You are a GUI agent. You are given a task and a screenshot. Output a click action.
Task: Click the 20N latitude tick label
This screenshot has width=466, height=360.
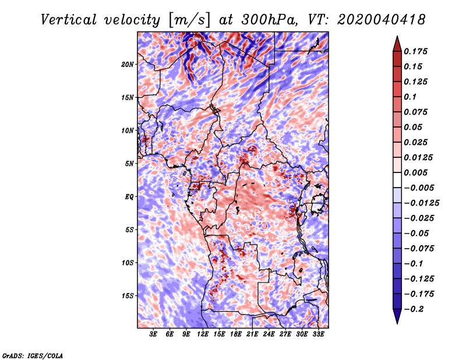[x=127, y=65]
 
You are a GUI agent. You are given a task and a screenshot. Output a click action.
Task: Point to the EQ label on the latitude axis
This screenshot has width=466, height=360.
[x=129, y=197]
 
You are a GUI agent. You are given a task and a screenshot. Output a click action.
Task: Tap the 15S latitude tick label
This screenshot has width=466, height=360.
[x=127, y=296]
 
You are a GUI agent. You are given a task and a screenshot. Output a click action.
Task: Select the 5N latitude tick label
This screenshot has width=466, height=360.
[x=129, y=164]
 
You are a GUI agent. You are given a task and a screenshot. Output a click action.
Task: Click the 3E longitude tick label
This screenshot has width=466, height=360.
[x=153, y=334]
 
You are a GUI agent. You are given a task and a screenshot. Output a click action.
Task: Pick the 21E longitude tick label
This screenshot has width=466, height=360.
[x=252, y=334]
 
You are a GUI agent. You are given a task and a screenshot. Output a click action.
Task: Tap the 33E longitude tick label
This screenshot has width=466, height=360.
[x=318, y=334]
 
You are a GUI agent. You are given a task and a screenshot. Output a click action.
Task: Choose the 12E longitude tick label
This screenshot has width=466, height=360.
[x=202, y=334]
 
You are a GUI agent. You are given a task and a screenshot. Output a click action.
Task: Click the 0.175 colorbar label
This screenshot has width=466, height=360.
[x=415, y=51]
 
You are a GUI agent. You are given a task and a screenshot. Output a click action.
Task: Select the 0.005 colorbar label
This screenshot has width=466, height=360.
[x=415, y=172]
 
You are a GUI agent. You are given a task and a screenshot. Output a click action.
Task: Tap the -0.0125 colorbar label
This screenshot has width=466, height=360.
[x=421, y=203]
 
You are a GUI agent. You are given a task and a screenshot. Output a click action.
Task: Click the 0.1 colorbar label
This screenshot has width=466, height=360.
[x=410, y=97]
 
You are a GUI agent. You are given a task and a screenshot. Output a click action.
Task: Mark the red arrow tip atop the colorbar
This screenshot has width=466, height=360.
[x=397, y=36]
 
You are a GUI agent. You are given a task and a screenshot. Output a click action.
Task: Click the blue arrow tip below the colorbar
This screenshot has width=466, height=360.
[x=397, y=323]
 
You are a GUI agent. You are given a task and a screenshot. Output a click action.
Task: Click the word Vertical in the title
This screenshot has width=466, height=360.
[x=69, y=20]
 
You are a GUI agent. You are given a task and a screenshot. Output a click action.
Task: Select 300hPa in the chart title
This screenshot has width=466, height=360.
[x=269, y=20]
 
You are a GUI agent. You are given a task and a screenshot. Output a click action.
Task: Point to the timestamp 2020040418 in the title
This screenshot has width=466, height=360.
[x=382, y=20]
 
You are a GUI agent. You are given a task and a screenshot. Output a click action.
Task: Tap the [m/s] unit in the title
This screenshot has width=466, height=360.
[x=190, y=20]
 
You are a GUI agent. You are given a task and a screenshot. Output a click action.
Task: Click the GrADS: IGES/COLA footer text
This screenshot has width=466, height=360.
[x=33, y=355]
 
